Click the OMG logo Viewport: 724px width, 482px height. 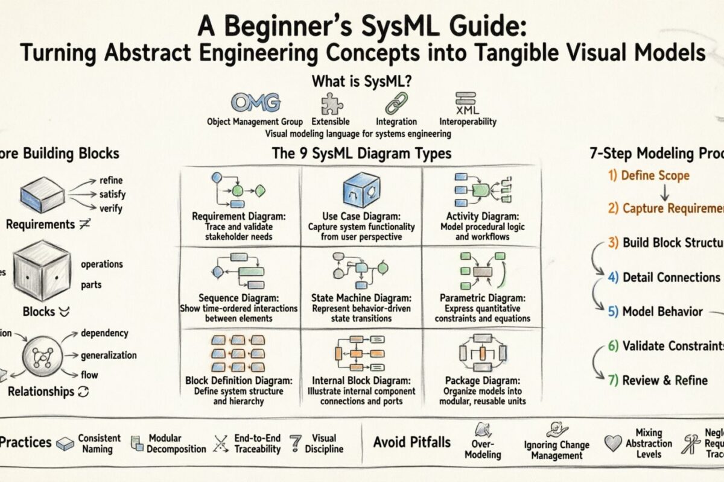256,102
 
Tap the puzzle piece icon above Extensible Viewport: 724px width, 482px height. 331,103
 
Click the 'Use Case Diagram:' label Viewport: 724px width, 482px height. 360,216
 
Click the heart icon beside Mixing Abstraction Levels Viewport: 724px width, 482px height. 612,443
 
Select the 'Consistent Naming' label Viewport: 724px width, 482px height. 99,443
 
